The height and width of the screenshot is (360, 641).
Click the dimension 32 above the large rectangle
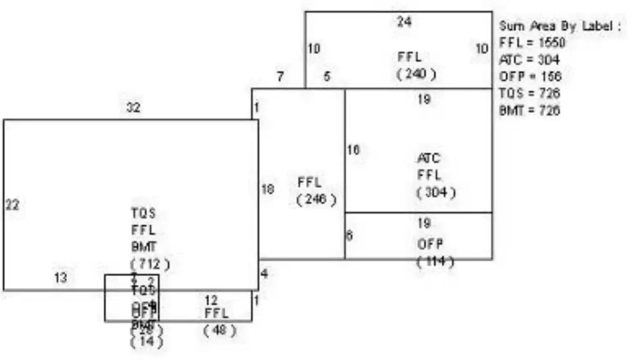[133, 108]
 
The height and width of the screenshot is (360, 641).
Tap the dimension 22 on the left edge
[12, 205]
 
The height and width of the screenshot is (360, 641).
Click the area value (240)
[416, 74]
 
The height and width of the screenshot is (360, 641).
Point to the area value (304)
[436, 192]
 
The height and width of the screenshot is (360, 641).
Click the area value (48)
[219, 329]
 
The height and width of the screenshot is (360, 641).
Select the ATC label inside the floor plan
[428, 158]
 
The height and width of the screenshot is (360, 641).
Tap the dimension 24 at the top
[404, 22]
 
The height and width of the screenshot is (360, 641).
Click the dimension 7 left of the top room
[280, 77]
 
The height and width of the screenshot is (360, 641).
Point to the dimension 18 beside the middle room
[268, 189]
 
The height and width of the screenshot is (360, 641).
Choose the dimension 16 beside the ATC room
[354, 150]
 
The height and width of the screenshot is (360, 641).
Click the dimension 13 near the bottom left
[60, 278]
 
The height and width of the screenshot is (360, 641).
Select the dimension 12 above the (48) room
[211, 301]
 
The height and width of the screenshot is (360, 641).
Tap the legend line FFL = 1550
[532, 43]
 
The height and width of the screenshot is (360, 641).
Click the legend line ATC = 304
[530, 59]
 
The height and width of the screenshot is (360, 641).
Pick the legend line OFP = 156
[530, 76]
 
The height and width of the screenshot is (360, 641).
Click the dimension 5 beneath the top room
[327, 77]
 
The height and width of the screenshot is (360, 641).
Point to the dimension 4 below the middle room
[264, 274]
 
